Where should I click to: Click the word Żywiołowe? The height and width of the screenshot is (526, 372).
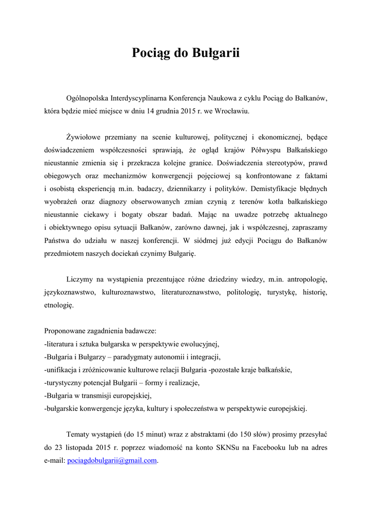pos(85,138)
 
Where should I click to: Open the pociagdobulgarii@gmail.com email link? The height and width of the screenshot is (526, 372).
pos(112,461)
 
